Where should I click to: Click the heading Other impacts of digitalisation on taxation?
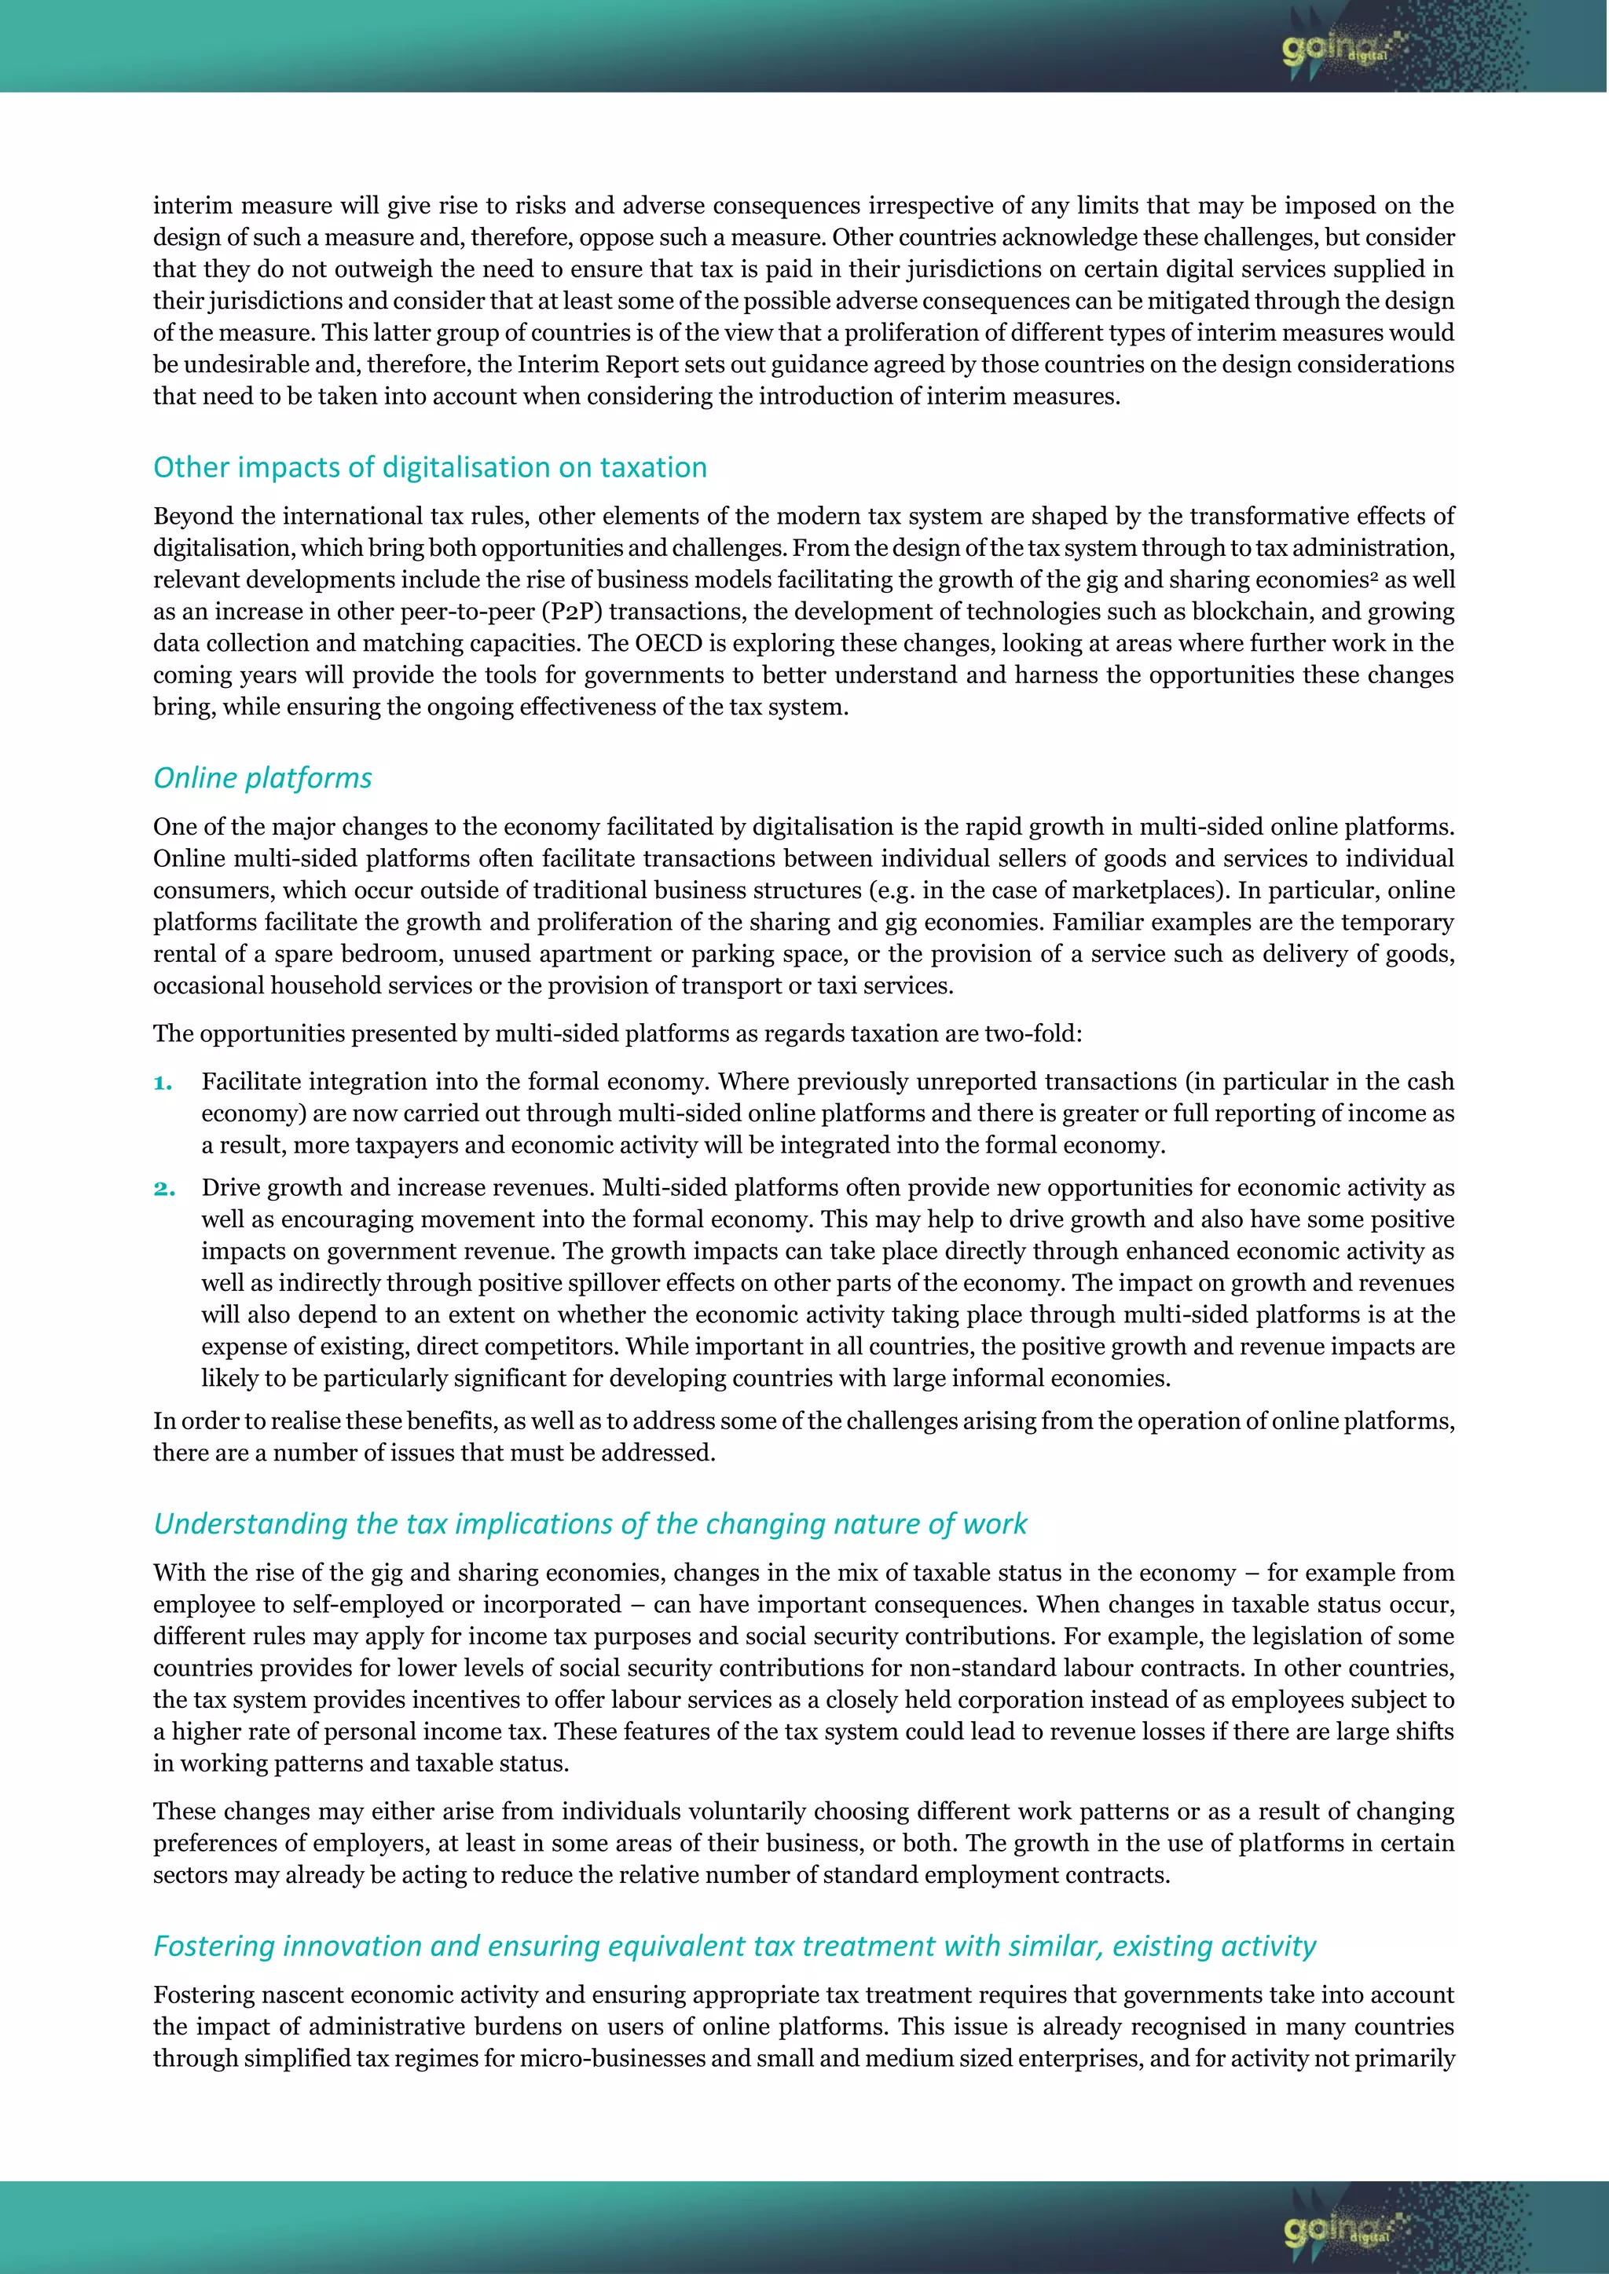coord(430,467)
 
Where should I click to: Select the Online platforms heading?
coord(262,778)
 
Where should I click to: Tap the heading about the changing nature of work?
coord(591,1524)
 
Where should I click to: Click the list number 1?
coord(163,1083)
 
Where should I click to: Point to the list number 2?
coord(163,1189)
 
